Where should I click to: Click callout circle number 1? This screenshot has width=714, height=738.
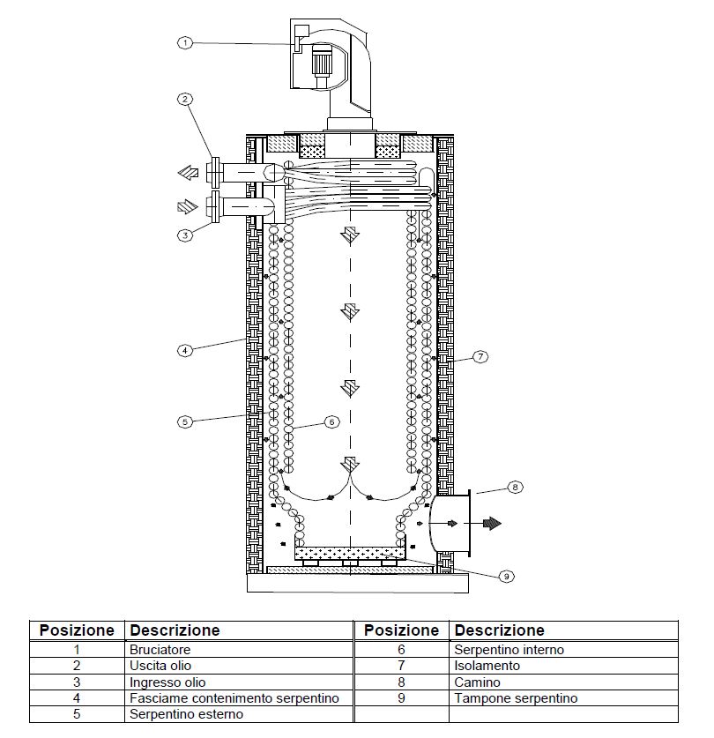(185, 43)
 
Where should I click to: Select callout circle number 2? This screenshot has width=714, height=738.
(185, 99)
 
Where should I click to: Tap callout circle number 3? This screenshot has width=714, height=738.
(185, 235)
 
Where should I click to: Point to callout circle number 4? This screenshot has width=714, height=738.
(185, 350)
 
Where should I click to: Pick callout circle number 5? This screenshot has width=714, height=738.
(185, 421)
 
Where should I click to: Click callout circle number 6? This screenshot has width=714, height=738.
(331, 421)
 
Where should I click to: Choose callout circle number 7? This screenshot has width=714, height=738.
(480, 357)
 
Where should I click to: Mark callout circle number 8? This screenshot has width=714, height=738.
(515, 487)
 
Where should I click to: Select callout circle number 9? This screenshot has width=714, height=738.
(507, 576)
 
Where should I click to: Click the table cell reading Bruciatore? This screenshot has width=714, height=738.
(160, 650)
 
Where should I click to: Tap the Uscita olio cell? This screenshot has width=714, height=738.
(160, 666)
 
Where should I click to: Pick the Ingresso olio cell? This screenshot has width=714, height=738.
(167, 682)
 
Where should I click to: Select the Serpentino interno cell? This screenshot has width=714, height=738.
(509, 650)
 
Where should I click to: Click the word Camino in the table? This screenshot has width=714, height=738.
(477, 682)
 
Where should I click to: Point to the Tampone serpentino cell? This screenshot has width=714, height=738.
(516, 698)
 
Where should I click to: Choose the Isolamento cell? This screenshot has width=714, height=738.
(487, 666)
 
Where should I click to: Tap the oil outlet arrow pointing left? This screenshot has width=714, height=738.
(189, 173)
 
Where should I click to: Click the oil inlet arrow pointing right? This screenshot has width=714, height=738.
(188, 206)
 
